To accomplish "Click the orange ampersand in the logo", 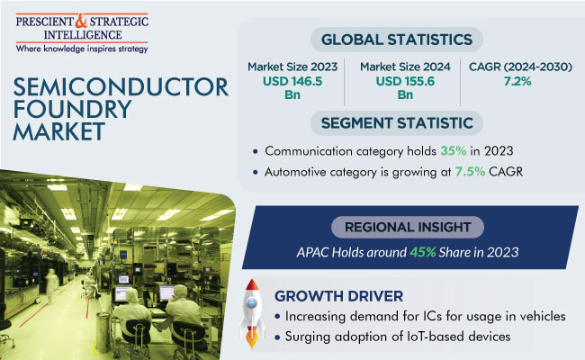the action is coord(81,22).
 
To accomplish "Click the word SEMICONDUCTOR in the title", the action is coord(121,87).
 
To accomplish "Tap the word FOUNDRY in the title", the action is coord(72,109).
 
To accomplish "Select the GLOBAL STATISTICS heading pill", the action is coord(397,40).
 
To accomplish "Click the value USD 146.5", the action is coord(292,81).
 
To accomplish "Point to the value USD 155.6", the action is coord(405,81).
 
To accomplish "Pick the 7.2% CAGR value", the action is coord(517,81).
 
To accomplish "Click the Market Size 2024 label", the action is coord(405,67).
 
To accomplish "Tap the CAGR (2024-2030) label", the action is coord(520,67).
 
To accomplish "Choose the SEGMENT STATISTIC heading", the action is coord(397,123).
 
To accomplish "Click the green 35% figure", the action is coord(454,151).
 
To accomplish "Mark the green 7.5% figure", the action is coord(470,172).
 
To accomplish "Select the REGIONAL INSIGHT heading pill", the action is coord(408,227).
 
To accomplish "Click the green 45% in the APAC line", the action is coord(423,253).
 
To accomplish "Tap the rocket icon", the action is coord(252,314).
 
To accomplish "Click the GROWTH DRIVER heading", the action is coord(338,297).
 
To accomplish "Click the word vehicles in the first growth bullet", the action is coord(543,317).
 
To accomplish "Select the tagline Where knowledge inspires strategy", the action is coord(82,49).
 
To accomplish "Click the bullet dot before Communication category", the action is coord(256,151).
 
